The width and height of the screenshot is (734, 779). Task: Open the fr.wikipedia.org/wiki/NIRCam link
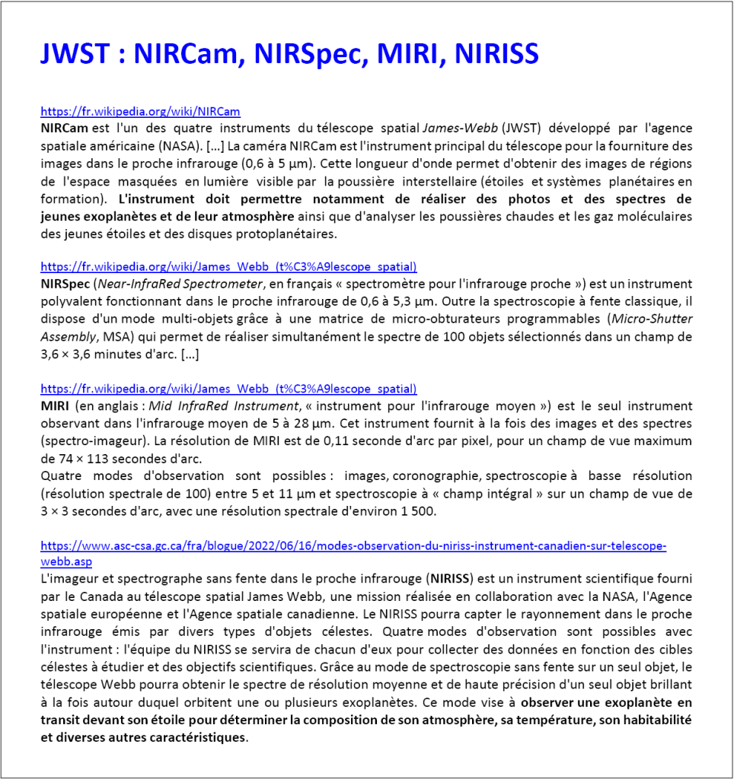(140, 112)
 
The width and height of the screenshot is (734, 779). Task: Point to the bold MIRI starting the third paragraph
(53, 406)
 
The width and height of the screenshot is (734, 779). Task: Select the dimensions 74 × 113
(83, 458)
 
